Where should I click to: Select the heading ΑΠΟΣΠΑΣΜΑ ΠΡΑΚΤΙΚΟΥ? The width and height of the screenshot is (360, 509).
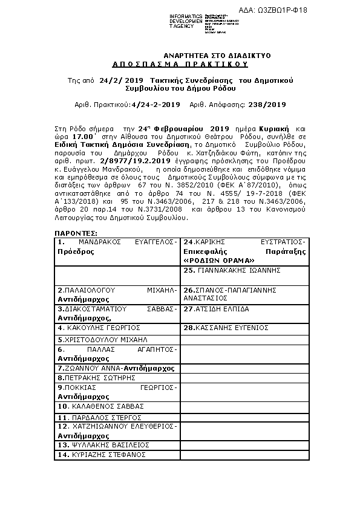coord(181,63)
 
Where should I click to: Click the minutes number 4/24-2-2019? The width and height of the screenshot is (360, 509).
coord(155,105)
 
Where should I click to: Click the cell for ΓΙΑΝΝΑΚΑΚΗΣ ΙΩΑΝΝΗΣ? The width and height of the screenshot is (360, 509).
coord(246,270)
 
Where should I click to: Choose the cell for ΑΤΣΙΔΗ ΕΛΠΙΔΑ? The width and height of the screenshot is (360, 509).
coord(246,308)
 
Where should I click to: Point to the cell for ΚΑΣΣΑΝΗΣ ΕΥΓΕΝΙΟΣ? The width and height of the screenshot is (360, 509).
coord(246,327)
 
